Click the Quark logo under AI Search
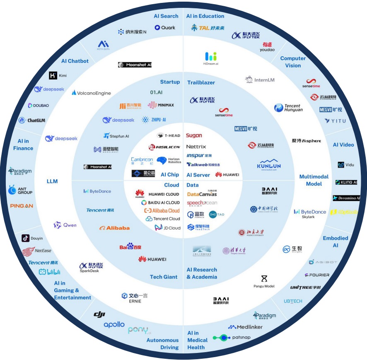pos(165,28)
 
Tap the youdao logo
pos(268,47)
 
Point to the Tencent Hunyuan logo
pos(288,108)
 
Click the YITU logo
pos(335,121)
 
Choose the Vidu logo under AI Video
pos(347,165)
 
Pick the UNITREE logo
pos(305,287)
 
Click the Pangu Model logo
pos(264,281)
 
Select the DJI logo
pos(99,315)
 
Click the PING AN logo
pos(21,206)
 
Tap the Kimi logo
pos(58,75)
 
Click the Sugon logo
pos(194,135)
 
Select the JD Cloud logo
pos(168,228)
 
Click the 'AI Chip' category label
pos(170,175)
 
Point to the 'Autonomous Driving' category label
pos(162,344)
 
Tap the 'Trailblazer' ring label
pos(201,82)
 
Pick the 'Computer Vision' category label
pos(293,62)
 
